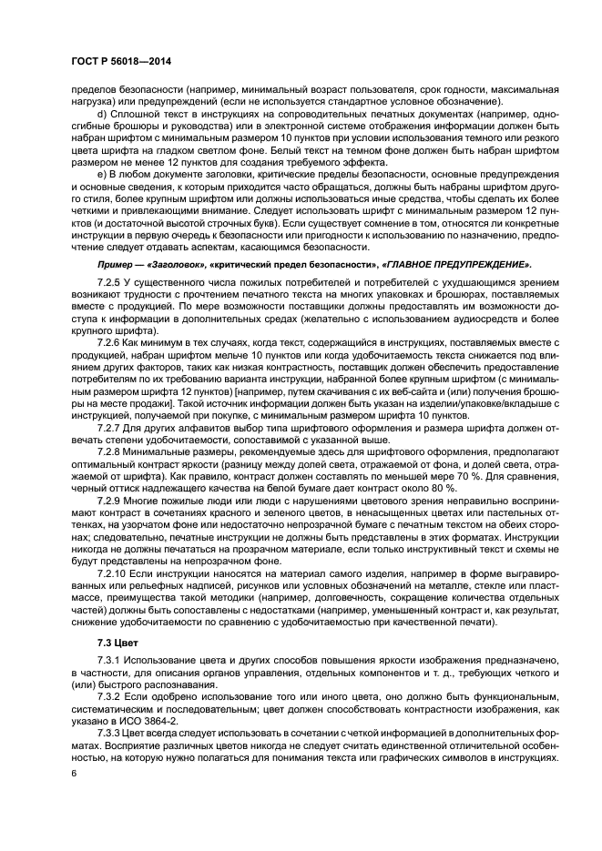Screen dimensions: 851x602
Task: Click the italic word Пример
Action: [116, 263]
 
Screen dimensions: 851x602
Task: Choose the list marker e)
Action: [102, 174]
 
